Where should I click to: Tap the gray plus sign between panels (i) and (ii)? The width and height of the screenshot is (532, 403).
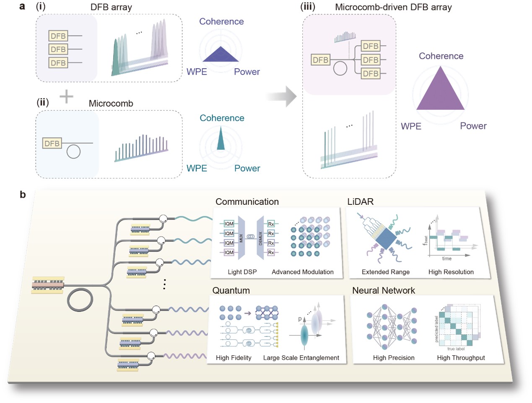tap(66, 97)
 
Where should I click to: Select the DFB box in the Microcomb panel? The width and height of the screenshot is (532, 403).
tap(52, 143)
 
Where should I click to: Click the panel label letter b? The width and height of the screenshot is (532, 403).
tap(23, 194)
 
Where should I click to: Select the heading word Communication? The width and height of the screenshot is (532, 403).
tap(247, 201)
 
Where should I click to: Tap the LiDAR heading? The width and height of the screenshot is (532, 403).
tap(360, 201)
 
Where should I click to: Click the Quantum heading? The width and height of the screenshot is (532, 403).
tap(231, 290)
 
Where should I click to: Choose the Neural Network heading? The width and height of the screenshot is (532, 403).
tap(383, 290)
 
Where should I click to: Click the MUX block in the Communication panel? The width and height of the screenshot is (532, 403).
tap(241, 238)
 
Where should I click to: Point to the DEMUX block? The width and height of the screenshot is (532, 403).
tap(260, 238)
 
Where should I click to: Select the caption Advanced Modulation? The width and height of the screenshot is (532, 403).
tap(302, 272)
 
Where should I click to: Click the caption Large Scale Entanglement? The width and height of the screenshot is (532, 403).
tap(301, 358)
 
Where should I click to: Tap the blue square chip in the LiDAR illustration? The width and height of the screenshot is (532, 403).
tap(386, 239)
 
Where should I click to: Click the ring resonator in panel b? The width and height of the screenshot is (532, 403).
tap(80, 299)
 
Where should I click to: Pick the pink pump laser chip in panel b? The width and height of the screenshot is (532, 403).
tap(48, 285)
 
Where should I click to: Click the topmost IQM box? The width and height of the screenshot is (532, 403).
tap(229, 224)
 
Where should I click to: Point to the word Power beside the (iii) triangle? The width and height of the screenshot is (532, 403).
tap(473, 126)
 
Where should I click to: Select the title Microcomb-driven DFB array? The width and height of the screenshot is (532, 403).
tap(393, 7)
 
